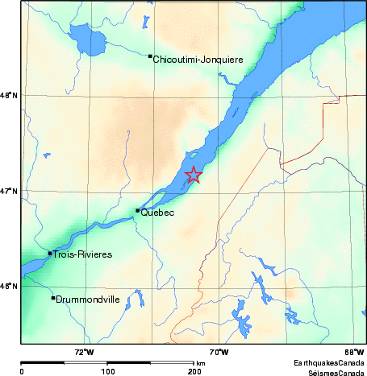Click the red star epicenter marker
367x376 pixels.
[x=194, y=175]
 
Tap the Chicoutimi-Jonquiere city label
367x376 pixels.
[x=198, y=59]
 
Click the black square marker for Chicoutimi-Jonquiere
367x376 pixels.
[x=150, y=56]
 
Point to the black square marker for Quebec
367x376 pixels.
[x=138, y=211]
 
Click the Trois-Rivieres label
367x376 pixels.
[x=82, y=255]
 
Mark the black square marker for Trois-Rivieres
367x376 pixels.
[x=50, y=254]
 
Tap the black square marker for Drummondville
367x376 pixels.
[x=53, y=298]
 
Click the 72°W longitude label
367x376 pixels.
[x=84, y=351]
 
